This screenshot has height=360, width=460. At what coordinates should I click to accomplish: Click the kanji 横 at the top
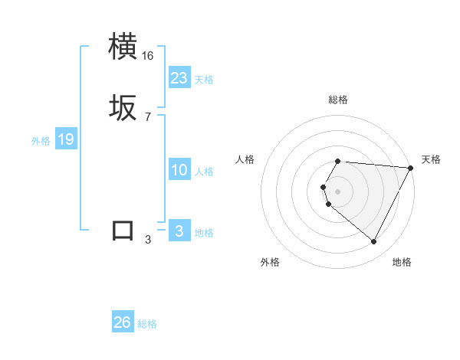pos(123,47)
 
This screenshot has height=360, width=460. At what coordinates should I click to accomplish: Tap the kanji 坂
pos(123,108)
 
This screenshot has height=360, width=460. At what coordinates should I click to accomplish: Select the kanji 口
pos(123,231)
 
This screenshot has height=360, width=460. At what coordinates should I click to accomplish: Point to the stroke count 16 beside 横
pos(148,56)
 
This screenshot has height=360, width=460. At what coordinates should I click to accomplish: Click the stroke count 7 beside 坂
pos(148,117)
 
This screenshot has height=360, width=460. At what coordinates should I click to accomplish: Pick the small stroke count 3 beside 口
pos(148,240)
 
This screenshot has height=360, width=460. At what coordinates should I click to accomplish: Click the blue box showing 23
pos(179,78)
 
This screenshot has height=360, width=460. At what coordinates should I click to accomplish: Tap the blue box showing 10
pos(179,170)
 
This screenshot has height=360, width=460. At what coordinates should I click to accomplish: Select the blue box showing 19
pos(65,139)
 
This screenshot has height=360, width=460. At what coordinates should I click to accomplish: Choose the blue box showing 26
pos(123,322)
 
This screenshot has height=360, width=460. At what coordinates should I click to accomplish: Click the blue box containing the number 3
pos(179,231)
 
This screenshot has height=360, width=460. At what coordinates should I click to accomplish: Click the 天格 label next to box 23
pos(204,80)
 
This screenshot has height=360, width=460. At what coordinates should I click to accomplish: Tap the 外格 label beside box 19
pos(41,141)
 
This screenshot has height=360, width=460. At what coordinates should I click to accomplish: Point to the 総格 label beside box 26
pos(147,324)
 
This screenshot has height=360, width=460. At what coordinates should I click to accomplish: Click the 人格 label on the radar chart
pos(245,159)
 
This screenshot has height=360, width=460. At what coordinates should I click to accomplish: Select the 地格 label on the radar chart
pos(402,262)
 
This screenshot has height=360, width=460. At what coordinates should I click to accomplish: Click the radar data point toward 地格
pos(374,242)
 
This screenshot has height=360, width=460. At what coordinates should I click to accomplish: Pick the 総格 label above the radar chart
pos(338,100)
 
